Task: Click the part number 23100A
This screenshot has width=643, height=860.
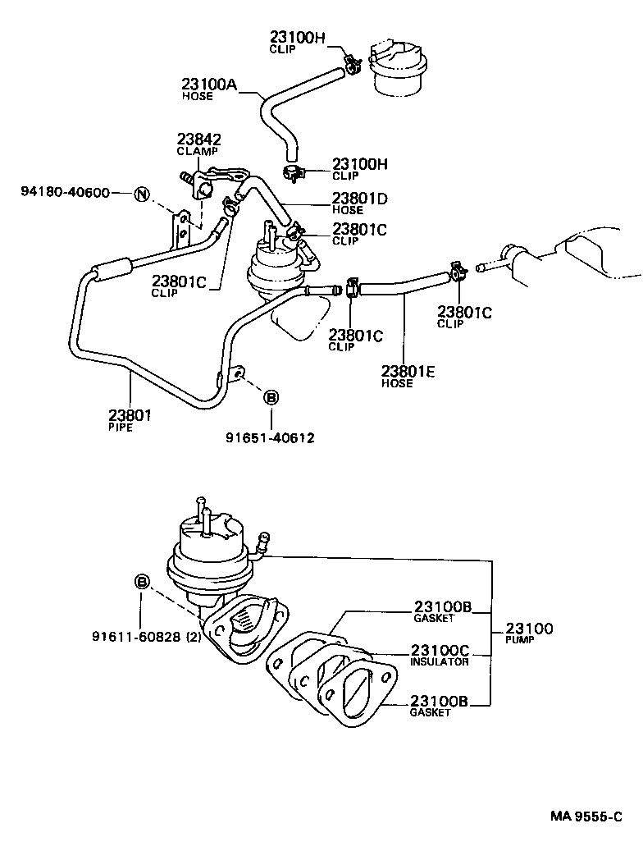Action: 209,84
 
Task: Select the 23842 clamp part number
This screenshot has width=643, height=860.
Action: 200,140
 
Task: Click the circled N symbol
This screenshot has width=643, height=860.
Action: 143,194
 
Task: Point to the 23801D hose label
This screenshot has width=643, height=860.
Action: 360,199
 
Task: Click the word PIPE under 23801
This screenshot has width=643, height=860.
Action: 121,428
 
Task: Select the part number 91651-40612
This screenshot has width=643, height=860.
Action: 270,437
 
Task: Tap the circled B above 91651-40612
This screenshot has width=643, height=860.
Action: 271,398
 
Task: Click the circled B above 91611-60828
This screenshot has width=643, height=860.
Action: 142,582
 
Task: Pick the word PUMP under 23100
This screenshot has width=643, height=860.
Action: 520,640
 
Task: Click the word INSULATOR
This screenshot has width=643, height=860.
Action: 440,661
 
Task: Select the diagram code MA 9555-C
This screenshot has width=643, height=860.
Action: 586,818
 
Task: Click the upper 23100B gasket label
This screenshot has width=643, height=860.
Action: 441,607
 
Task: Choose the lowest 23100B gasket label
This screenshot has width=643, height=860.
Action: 440,701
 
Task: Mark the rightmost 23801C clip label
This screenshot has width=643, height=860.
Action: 465,312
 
